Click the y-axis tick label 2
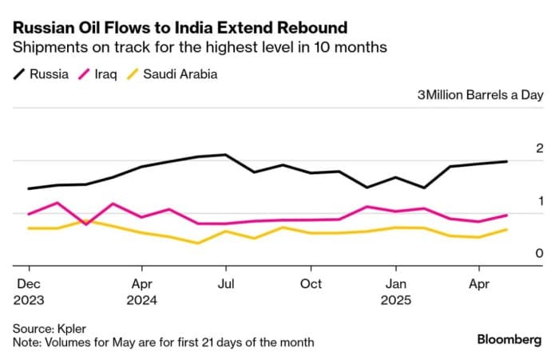click(517, 148)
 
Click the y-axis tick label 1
click(517, 200)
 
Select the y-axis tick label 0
click(517, 253)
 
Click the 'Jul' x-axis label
click(226, 283)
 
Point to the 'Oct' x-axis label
click(311, 283)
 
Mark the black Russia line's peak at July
click(226, 155)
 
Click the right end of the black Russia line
click(507, 161)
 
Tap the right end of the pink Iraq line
click(507, 215)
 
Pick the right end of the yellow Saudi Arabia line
click(507, 230)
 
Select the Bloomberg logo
click(509, 339)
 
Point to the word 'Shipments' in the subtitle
click(48, 47)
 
